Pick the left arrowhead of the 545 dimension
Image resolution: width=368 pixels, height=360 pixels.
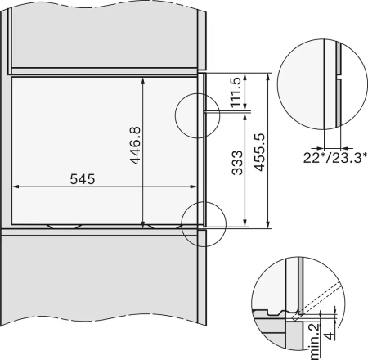tap(16, 187)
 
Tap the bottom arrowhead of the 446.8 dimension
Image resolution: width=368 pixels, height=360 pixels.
tap(144, 223)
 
